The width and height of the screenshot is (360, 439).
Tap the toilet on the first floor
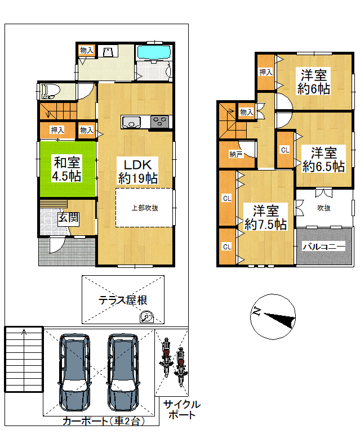(51, 92)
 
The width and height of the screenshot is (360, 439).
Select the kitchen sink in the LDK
(131, 122)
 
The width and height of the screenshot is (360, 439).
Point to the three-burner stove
(159, 122)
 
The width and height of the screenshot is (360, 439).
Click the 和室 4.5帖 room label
(67, 169)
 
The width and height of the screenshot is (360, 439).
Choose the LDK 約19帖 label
(138, 171)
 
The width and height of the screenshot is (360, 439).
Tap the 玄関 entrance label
(68, 218)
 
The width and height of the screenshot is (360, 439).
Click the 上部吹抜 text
(145, 208)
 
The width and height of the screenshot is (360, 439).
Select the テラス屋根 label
(123, 301)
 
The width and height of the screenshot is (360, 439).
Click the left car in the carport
(74, 372)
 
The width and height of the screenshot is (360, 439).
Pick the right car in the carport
(123, 372)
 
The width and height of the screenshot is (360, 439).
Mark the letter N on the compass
(257, 311)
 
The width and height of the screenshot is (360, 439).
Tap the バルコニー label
(324, 247)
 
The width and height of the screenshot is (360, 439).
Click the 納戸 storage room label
(235, 154)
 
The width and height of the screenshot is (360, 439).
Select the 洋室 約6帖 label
(314, 82)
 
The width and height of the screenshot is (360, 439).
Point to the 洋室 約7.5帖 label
(265, 217)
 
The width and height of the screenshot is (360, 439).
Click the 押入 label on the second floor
(265, 72)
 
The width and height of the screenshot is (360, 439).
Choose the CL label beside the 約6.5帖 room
(285, 150)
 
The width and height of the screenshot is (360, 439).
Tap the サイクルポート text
(182, 410)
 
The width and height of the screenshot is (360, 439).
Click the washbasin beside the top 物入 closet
(108, 52)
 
